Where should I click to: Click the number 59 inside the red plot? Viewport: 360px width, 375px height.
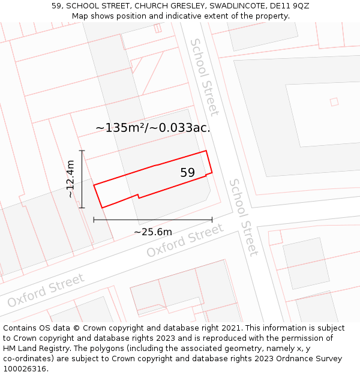click(x=188, y=173)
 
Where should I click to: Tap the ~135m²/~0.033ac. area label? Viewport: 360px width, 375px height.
click(x=152, y=127)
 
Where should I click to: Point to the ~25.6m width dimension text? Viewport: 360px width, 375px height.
click(x=152, y=232)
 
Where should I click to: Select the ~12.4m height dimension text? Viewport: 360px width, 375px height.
click(x=70, y=179)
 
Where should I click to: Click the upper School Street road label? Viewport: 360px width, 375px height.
click(x=205, y=77)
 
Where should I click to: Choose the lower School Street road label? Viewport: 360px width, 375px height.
click(x=244, y=217)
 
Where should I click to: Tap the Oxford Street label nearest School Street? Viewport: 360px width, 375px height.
click(x=185, y=241)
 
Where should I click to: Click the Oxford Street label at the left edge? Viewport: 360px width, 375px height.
click(x=46, y=290)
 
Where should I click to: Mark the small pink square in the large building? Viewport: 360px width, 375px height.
click(x=334, y=102)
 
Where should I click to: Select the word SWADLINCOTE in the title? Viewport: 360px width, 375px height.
click(x=236, y=5)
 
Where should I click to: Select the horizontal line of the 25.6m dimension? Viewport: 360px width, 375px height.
click(x=152, y=220)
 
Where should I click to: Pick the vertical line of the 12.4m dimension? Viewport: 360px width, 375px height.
click(x=82, y=179)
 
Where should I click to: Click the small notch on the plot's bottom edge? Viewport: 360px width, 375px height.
click(x=139, y=195)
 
